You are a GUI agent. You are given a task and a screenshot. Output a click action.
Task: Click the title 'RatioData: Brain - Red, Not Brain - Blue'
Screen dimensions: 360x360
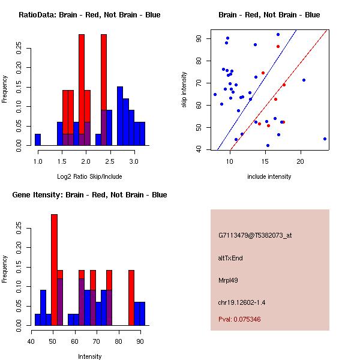(89, 15)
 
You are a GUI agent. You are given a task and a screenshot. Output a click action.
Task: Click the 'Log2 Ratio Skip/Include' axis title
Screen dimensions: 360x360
(89, 176)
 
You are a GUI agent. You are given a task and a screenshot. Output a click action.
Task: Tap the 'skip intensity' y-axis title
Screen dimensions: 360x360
(184, 90)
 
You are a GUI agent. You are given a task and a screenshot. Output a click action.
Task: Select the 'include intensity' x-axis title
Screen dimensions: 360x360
(269, 176)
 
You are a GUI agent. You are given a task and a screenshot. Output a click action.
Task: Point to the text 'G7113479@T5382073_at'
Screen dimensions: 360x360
(255, 236)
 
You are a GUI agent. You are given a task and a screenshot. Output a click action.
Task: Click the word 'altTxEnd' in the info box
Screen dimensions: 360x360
(230, 258)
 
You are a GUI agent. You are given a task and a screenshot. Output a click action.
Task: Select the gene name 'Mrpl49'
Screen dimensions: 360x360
(229, 280)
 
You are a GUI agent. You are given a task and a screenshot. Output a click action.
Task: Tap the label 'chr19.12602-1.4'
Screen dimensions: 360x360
(242, 302)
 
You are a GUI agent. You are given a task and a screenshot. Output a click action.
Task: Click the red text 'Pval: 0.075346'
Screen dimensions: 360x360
(239, 320)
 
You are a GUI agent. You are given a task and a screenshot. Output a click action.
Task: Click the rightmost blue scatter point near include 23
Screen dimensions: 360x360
(325, 139)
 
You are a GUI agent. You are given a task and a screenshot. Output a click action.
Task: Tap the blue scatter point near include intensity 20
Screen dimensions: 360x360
(304, 80)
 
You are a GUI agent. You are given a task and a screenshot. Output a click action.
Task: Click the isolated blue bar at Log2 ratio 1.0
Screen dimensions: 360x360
(38, 140)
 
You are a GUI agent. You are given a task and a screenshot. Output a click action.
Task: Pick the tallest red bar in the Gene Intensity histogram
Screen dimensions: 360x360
(54, 270)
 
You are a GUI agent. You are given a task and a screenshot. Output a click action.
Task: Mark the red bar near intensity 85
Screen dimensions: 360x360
(131, 298)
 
